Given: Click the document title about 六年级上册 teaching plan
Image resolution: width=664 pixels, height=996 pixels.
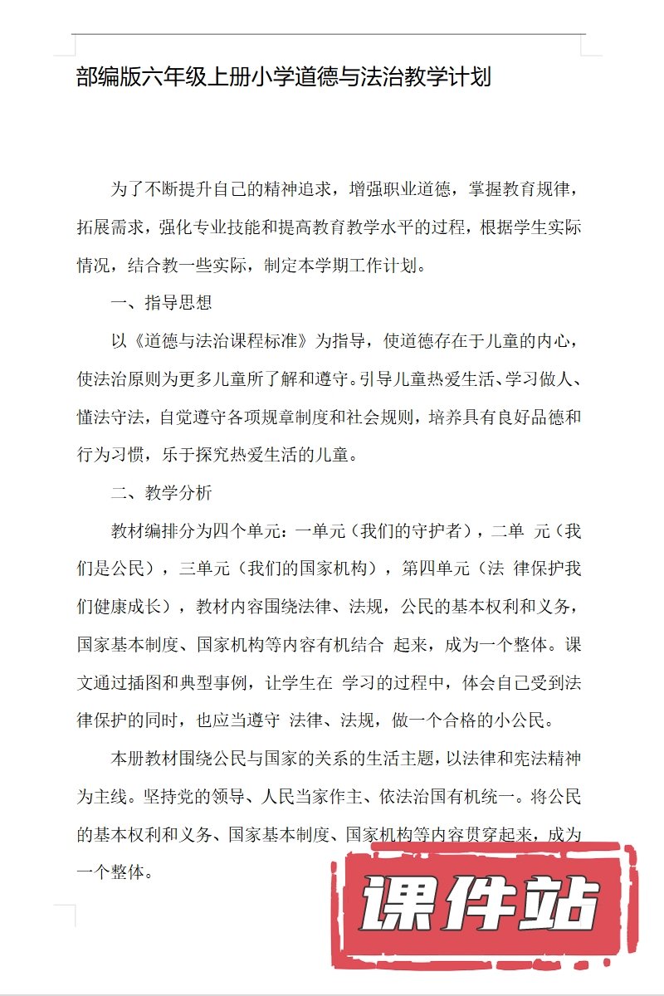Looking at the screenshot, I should pyautogui.click(x=284, y=78).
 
